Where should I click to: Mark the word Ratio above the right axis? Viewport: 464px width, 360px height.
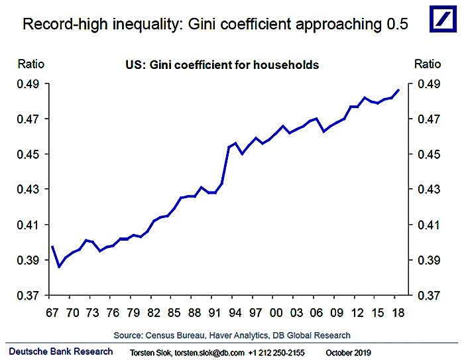(428, 64)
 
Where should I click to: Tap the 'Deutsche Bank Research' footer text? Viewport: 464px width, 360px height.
(61, 351)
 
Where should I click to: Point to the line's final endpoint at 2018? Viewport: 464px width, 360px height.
(398, 90)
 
